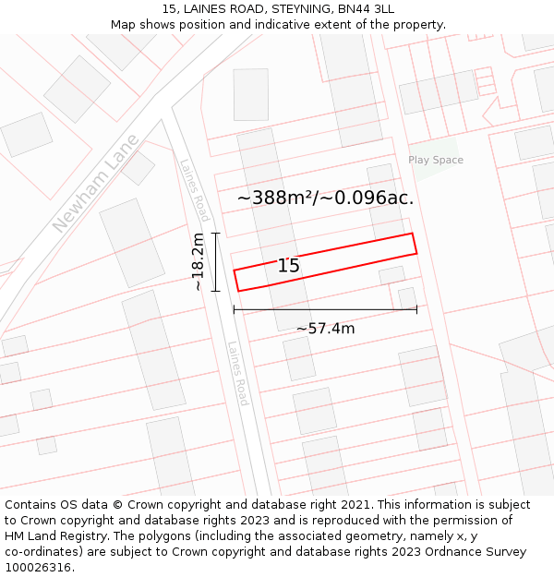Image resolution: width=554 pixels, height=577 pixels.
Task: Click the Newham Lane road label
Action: coord(96,183)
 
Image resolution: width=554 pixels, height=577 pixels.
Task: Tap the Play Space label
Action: coord(436,160)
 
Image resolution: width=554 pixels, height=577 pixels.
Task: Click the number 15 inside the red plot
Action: coord(289,266)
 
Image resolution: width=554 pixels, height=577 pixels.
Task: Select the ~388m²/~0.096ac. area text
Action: coord(325,198)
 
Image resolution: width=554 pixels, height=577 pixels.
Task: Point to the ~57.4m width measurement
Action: coord(325,329)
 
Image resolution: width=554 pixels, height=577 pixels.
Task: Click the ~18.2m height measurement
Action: coord(199,262)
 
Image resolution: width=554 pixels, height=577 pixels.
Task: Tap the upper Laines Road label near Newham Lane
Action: coord(195,190)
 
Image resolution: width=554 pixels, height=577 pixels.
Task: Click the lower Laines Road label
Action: coord(238,373)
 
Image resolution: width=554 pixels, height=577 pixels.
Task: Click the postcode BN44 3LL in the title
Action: coord(366,9)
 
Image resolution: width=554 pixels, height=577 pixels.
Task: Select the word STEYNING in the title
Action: coord(301,9)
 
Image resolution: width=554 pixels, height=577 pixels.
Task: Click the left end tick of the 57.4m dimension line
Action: coord(234,309)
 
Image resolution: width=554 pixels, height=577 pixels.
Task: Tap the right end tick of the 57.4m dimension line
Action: coord(416,309)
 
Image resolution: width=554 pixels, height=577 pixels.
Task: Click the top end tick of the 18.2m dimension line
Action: coord(215,234)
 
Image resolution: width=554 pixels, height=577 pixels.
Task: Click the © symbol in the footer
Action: coord(117,505)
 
